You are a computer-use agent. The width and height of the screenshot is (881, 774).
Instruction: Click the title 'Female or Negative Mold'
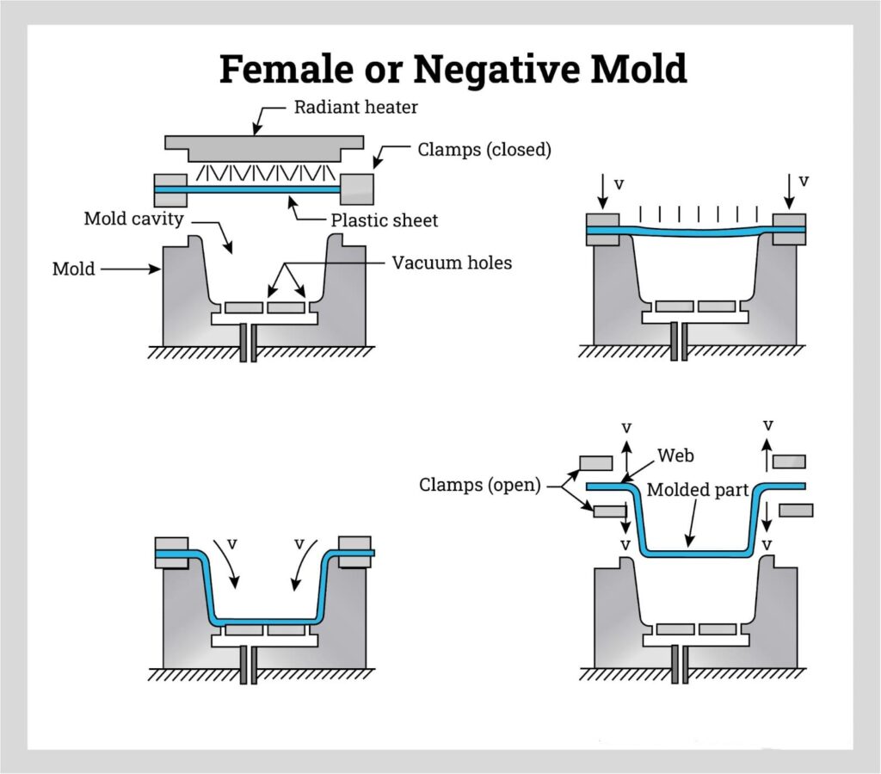453,69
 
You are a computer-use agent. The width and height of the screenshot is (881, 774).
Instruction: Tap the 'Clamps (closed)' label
484,150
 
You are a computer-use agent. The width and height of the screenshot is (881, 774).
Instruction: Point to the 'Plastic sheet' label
385,220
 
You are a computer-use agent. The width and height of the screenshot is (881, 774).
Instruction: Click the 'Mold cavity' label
133,219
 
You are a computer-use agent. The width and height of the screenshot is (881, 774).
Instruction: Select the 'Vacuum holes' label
452,263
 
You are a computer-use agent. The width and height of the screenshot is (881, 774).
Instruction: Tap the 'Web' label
675,454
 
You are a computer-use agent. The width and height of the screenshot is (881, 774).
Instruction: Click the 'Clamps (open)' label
479,485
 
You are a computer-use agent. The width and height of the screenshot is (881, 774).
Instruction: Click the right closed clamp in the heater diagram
357,189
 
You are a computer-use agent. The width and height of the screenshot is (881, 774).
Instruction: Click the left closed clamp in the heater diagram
169,189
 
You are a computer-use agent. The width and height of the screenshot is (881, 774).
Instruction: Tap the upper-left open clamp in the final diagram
596,463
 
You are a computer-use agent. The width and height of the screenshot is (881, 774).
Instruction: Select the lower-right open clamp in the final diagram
796,511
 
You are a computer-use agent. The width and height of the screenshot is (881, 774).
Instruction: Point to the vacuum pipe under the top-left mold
248,342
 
